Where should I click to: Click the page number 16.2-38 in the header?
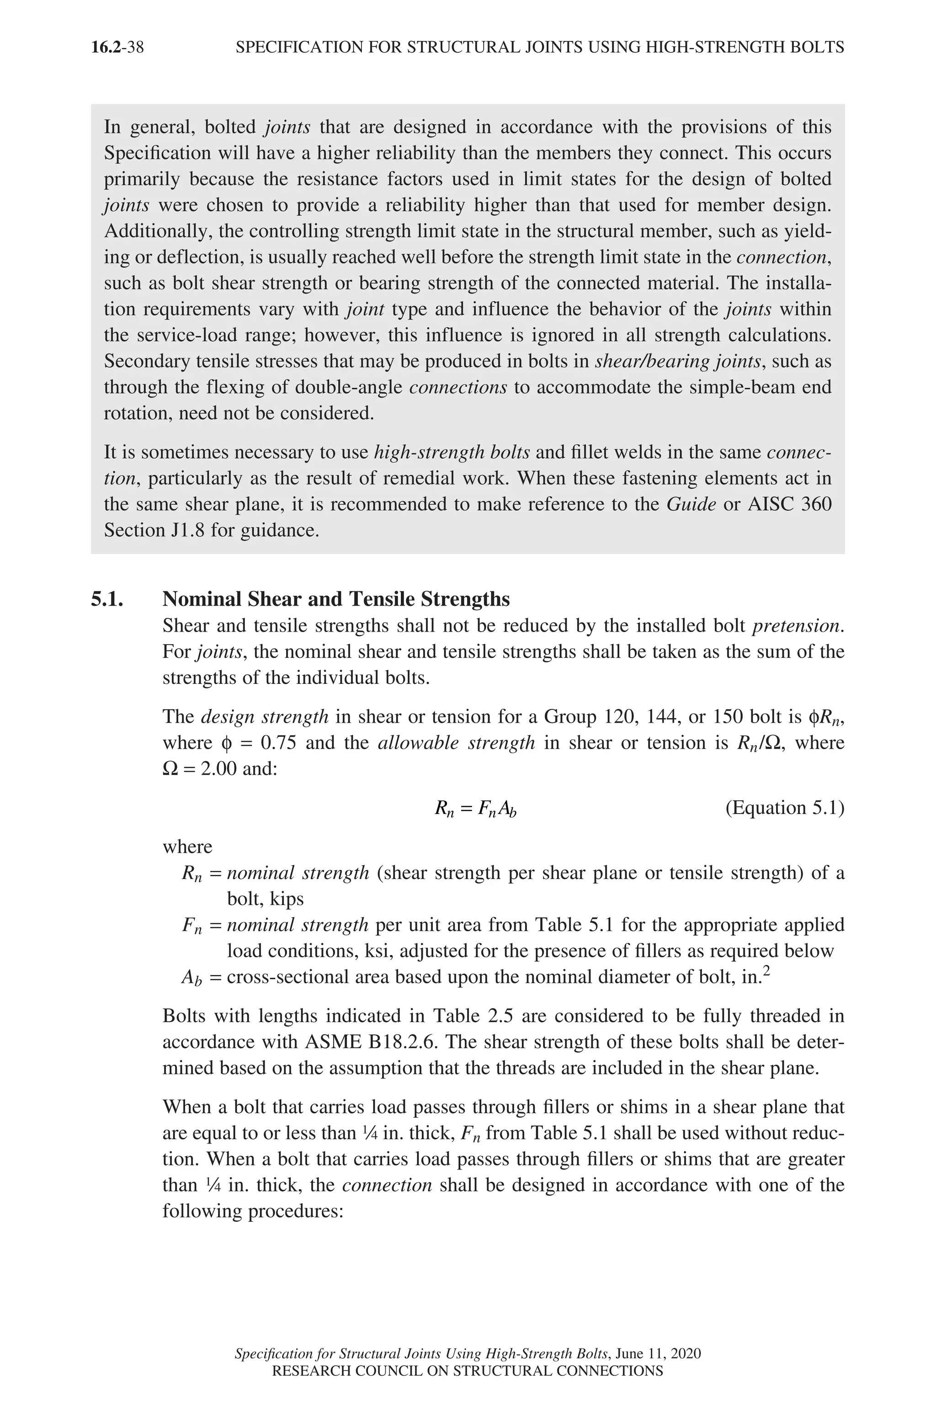pos(117,47)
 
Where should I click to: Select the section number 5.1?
pos(107,599)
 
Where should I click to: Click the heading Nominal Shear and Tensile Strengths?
pos(336,599)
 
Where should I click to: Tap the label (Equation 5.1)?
pos(784,808)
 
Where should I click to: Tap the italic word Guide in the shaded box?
pos(691,504)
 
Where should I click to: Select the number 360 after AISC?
pos(816,504)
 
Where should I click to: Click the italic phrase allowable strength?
pos(457,743)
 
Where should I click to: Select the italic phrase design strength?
pos(265,716)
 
